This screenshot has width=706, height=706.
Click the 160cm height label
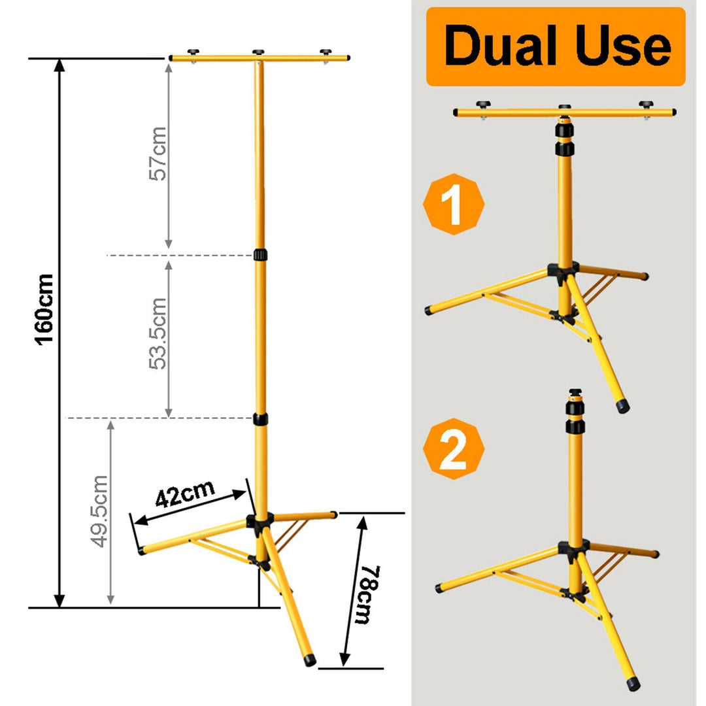pos(44,309)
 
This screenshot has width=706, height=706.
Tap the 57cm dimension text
pos(158,154)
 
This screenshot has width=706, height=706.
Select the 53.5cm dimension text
pos(158,333)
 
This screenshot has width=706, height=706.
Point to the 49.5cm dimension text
pos(99,511)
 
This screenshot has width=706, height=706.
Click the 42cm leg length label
pos(185,494)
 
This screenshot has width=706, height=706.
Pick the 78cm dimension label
pos(368,594)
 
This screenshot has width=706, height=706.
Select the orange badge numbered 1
pos(454,204)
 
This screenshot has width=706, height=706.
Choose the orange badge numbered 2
pos(454,448)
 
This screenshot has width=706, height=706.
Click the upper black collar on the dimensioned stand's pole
pos(260,254)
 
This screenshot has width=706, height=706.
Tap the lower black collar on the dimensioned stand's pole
pos(260,419)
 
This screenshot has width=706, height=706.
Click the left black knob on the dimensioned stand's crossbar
pos(193,52)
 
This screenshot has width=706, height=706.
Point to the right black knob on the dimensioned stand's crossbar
pos(326,52)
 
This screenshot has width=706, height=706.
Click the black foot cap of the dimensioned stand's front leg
pos(310,660)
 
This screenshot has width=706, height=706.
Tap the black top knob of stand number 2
pos(575,392)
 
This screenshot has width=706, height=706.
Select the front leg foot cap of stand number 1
pos(623,407)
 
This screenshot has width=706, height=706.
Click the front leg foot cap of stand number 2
pos(633,684)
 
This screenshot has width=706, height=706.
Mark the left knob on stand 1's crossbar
pos(483,105)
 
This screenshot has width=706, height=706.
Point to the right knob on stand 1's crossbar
pos(646,105)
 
